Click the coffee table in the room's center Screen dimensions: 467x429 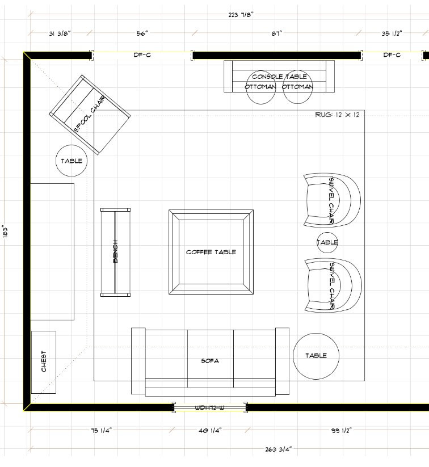[x=211, y=252]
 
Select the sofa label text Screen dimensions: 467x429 [x=210, y=361]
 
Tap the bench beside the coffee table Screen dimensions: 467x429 [x=116, y=252]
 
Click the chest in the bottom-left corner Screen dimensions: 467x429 [x=44, y=361]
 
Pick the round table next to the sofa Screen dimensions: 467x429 [x=316, y=356]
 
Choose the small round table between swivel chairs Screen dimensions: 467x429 [x=327, y=242]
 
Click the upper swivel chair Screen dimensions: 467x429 [x=331, y=200]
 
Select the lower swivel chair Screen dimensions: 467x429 [x=331, y=285]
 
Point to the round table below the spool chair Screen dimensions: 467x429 [x=72, y=161]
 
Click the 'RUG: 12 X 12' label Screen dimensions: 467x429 [x=338, y=115]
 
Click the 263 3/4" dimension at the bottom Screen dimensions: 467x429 [x=278, y=449]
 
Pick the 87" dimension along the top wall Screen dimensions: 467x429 [x=276, y=34]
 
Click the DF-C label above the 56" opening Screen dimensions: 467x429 [x=142, y=55]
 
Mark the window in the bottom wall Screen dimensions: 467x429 [x=211, y=407]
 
